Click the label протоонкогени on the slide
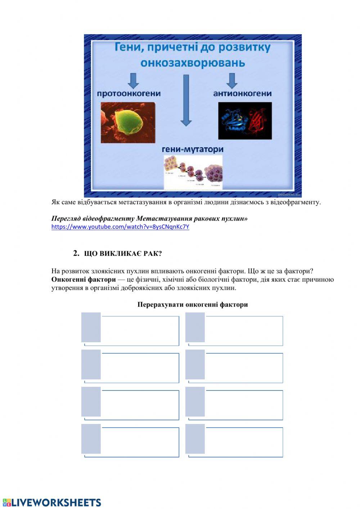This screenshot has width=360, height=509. pyautogui.click(x=129, y=94)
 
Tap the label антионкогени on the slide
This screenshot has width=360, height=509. pyautogui.click(x=242, y=94)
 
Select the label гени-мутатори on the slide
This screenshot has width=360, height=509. pyautogui.click(x=193, y=149)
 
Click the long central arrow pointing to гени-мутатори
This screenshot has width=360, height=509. pyautogui.click(x=186, y=101)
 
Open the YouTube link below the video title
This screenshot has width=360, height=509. pyautogui.click(x=120, y=227)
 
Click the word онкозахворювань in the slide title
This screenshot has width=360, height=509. pyautogui.click(x=193, y=63)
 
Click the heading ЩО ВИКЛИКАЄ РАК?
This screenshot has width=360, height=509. pyautogui.click(x=123, y=254)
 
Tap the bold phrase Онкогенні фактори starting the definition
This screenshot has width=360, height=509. pyautogui.click(x=84, y=280)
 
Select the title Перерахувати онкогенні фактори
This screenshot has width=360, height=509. pyautogui.click(x=193, y=305)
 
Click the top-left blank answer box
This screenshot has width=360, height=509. pyautogui.click(x=140, y=330)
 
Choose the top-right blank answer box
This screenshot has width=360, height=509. pyautogui.click(x=244, y=330)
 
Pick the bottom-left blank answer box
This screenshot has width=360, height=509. pyautogui.click(x=140, y=442)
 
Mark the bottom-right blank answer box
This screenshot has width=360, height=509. pyautogui.click(x=244, y=442)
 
